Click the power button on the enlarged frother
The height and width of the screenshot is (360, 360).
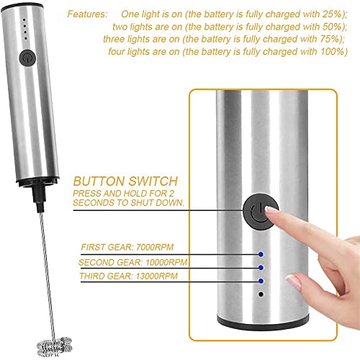click(x=257, y=212)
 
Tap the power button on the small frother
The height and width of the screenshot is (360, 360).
click(x=27, y=55)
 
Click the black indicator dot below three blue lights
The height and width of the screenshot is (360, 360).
click(x=261, y=294)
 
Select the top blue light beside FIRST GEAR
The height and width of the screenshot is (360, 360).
click(x=261, y=253)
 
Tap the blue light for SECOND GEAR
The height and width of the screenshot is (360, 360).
click(x=261, y=267)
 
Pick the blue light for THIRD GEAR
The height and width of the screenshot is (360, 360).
click(x=261, y=281)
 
